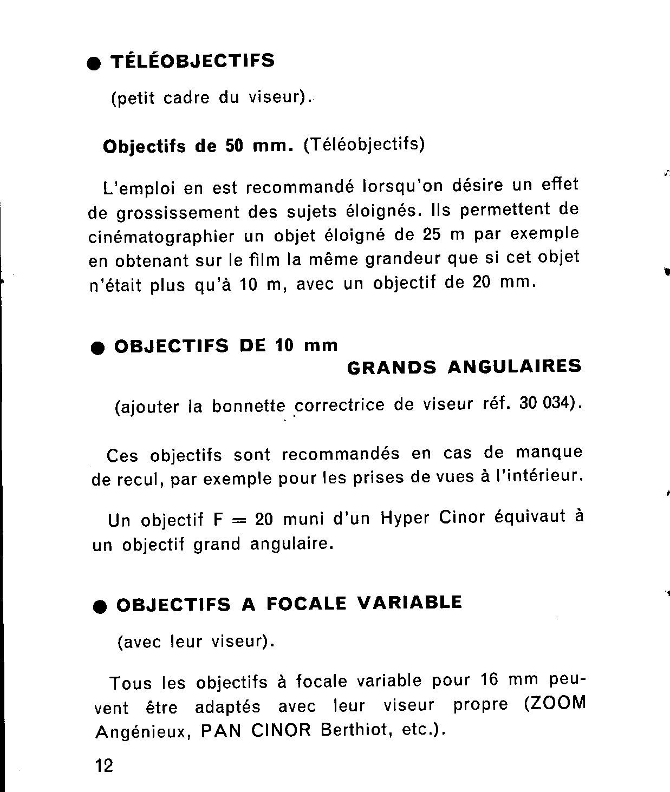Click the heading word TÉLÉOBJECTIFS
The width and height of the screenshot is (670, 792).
(192, 61)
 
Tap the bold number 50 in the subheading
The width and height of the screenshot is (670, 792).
(234, 146)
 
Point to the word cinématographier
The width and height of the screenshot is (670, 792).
(161, 237)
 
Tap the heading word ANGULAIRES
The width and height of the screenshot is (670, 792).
(515, 366)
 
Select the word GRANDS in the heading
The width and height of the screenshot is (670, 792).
(391, 368)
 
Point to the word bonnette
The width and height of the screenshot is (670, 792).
(248, 406)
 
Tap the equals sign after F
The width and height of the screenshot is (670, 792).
(238, 520)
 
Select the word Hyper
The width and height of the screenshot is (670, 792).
(405, 519)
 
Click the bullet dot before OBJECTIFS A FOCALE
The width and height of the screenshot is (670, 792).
(100, 607)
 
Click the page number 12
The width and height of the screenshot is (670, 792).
(104, 765)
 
